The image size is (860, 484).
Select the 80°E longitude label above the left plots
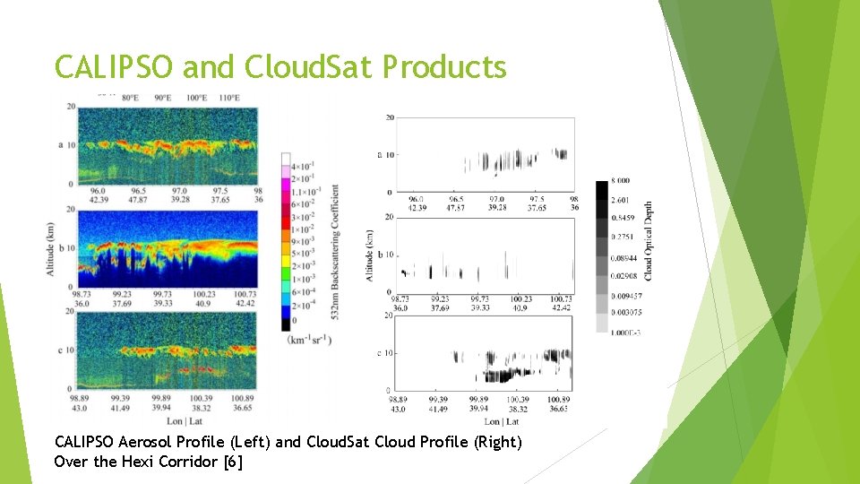click(x=130, y=98)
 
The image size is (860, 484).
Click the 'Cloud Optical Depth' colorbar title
click(x=649, y=240)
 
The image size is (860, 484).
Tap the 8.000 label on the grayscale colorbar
click(x=631, y=182)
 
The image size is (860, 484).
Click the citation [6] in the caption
click(x=234, y=462)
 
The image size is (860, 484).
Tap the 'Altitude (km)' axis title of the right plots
click(x=369, y=255)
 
